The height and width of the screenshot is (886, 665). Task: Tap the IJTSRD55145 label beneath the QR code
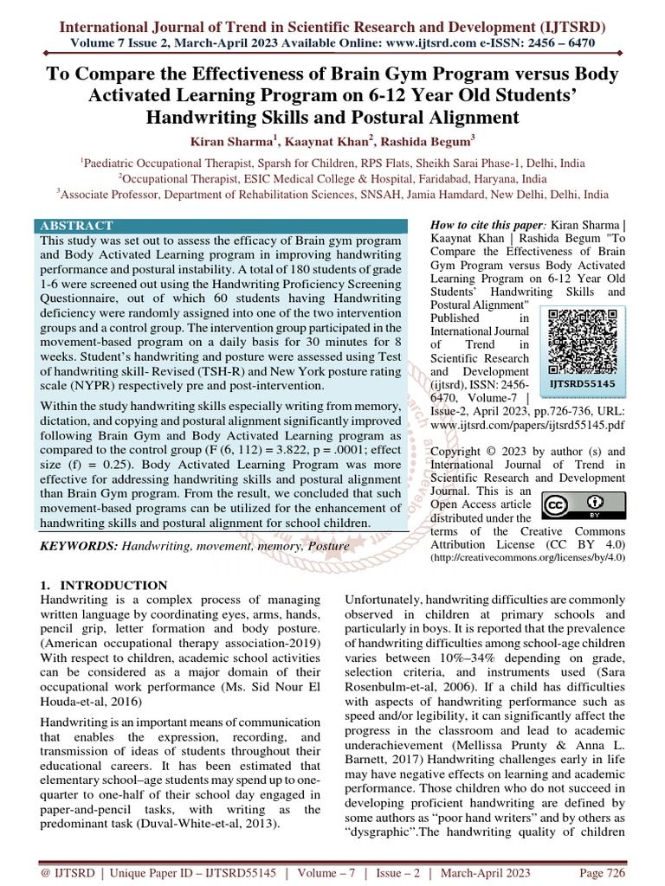(x=583, y=382)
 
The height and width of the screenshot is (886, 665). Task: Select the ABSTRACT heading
(x=76, y=226)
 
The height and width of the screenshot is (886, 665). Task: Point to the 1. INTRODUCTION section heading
(x=104, y=585)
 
